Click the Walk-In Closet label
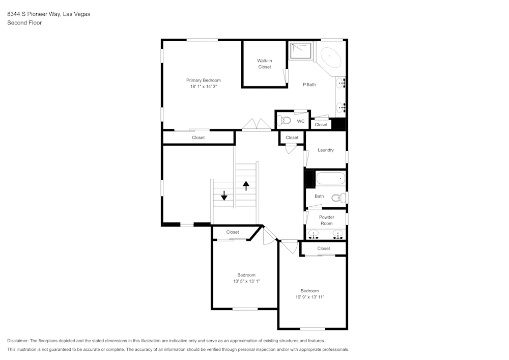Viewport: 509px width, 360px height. (264, 64)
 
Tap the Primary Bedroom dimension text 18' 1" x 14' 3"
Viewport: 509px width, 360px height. (203, 87)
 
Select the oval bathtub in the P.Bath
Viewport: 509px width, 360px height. (328, 56)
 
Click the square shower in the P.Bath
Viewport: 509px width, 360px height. (300, 50)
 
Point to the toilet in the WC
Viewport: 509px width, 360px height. (285, 121)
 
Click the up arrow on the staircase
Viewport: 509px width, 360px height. (246, 185)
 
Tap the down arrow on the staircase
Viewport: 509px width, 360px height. (224, 196)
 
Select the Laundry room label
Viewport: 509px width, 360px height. (325, 150)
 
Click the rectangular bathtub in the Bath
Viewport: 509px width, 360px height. (330, 179)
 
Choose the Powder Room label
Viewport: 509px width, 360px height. (326, 220)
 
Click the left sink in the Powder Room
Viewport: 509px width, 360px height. (314, 234)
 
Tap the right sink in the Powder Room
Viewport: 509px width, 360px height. (337, 234)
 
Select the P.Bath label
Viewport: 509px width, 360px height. (309, 85)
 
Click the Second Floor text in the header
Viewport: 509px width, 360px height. (24, 23)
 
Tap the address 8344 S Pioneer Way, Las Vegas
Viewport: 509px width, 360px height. (48, 14)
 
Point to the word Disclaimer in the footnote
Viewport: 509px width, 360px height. (18, 341)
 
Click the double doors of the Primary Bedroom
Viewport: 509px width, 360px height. (257, 125)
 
